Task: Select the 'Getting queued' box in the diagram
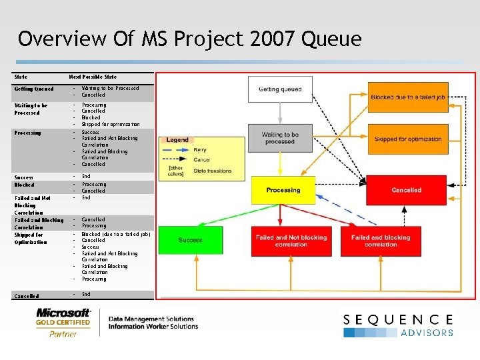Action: point(280,89)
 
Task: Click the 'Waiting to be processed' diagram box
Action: point(280,138)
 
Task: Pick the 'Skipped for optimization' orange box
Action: point(407,139)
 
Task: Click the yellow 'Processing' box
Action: point(283,190)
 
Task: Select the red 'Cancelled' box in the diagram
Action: point(406,190)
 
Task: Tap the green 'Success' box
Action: point(190,240)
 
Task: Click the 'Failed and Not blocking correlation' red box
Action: point(291,241)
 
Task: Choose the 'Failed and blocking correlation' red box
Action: point(381,241)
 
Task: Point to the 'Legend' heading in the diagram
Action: point(177,140)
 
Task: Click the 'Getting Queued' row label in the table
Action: point(34,89)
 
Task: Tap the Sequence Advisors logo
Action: point(399,325)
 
